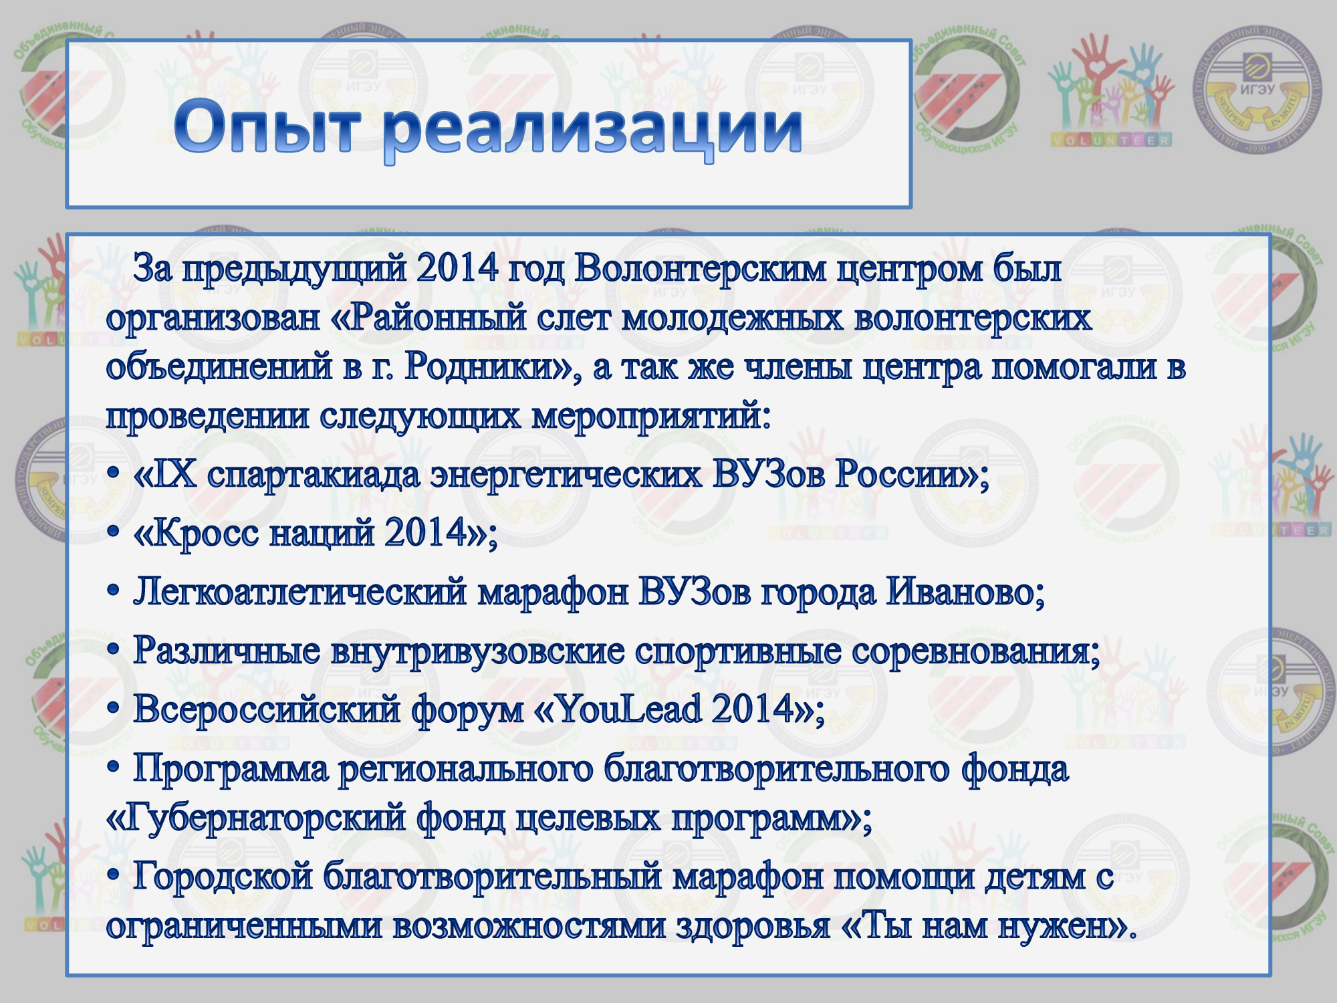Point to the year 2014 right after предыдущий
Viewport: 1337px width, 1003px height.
point(457,268)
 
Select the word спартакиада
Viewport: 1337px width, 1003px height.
point(314,476)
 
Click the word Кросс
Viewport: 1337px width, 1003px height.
point(206,534)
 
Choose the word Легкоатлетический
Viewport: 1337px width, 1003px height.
point(300,592)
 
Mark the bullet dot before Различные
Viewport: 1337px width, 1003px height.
point(114,649)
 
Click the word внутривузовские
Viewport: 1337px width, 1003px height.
point(477,652)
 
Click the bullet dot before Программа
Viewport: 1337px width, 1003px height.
point(114,767)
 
